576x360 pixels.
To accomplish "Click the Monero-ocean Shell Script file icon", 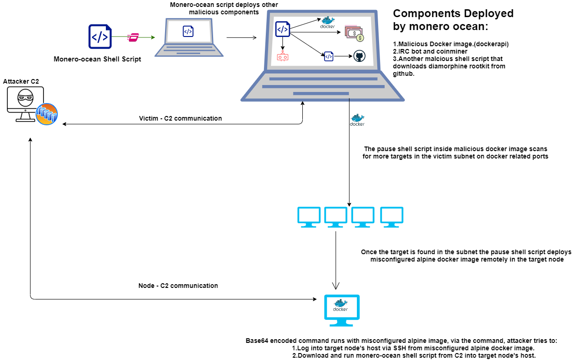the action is coord(100,37).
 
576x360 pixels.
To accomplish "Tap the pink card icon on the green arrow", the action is coord(133,37).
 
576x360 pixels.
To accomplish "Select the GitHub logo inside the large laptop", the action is coord(359,56).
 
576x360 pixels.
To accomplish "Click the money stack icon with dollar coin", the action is coord(355,33).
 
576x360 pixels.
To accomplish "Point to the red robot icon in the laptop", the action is coord(282,56).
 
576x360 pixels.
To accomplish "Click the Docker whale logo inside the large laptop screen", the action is coord(327,22).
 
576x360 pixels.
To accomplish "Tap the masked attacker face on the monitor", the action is coord(25,98).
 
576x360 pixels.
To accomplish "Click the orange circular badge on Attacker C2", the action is coord(47,114).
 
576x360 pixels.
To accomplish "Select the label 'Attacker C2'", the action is coord(21,81).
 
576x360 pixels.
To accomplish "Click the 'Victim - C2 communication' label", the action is coord(180,118).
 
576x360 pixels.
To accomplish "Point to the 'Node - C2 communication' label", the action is coord(178,286).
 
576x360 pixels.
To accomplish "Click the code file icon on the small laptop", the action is coord(188,31).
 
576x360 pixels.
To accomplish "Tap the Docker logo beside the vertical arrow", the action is coord(357,120).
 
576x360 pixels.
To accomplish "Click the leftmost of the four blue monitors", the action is coord(309,217).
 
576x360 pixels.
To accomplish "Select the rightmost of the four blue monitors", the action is coord(392,217).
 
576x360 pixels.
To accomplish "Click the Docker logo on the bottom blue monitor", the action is coord(340,305).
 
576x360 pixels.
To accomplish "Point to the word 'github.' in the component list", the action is coord(404,74).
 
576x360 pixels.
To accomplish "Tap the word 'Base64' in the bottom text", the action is coord(257,341).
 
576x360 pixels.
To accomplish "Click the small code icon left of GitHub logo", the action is coord(329,56).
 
